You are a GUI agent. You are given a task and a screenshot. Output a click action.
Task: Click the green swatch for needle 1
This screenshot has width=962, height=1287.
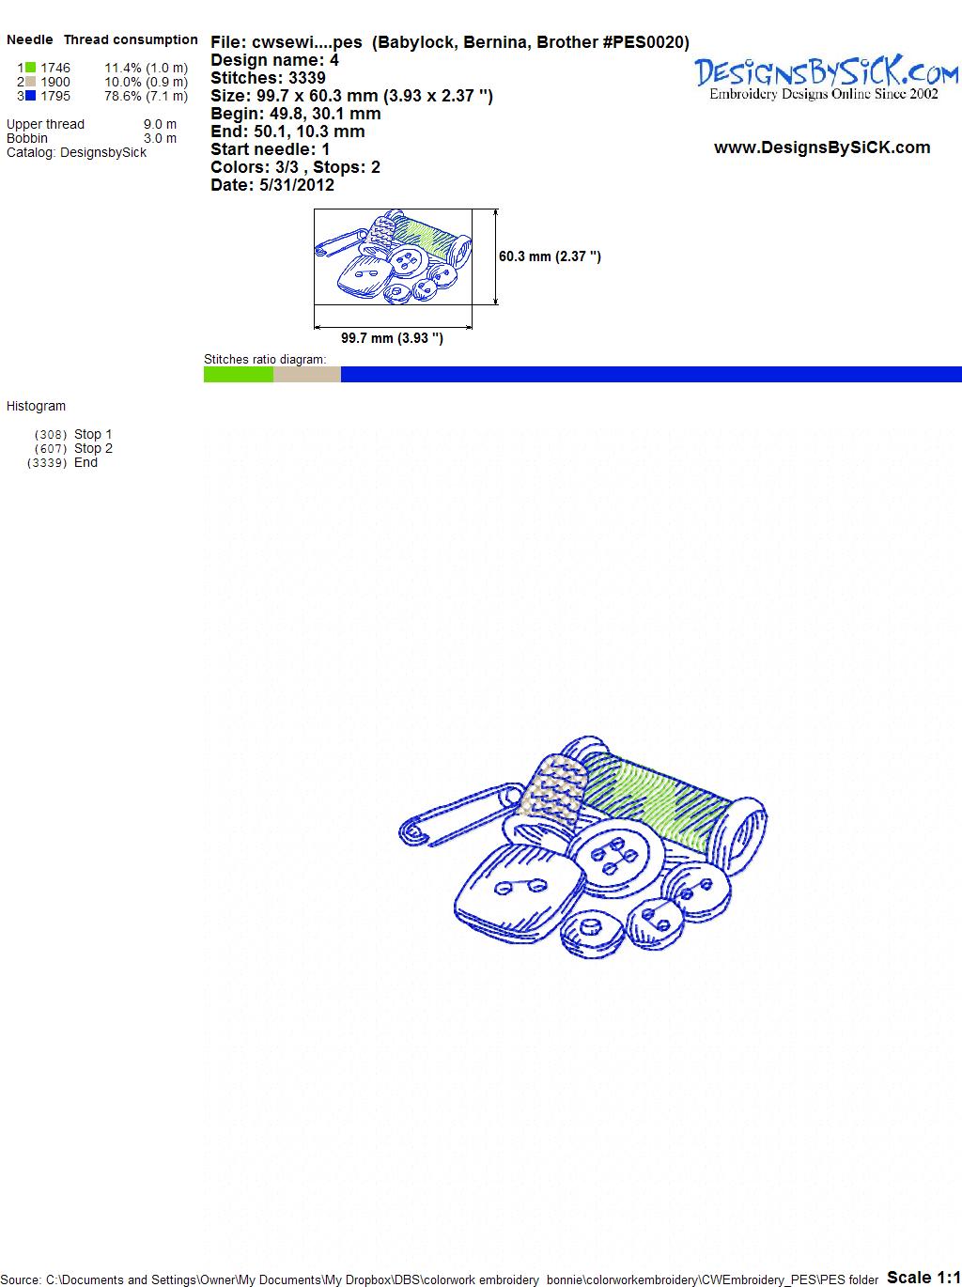point(30,68)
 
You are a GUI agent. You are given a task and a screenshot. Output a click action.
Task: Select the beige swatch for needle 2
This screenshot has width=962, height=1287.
point(30,82)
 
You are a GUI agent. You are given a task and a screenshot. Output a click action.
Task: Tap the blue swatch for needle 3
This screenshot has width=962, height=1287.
point(30,96)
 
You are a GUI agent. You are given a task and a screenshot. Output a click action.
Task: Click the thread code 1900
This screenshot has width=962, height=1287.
point(55,82)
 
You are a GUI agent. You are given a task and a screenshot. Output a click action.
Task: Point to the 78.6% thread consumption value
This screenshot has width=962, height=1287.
point(121,96)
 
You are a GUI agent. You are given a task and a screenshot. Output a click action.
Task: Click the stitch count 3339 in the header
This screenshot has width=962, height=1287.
point(306,78)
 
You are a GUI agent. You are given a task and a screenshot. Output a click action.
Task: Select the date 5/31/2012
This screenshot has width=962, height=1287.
point(297,185)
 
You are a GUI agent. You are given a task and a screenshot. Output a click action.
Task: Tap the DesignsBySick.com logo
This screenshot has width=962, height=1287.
point(826,78)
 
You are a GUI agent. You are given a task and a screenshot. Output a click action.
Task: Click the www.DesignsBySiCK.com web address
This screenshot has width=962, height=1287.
point(822,147)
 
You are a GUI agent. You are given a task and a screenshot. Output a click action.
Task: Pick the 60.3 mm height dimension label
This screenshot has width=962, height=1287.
point(550,256)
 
